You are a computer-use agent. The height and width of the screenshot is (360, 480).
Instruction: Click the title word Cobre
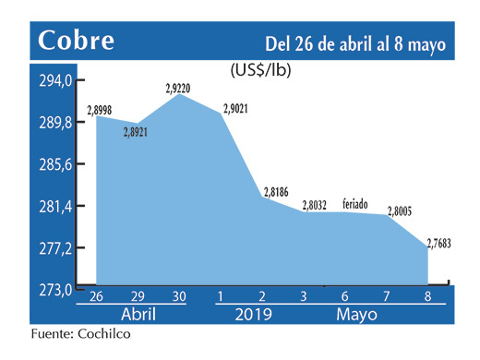[x=78, y=41]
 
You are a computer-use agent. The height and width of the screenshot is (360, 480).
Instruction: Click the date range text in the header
[x=355, y=43]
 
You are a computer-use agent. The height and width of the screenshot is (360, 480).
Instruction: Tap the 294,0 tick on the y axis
[x=54, y=82]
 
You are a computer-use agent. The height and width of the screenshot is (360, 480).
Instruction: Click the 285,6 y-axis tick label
[x=54, y=165]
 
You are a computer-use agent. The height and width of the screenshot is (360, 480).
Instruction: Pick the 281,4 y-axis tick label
[x=54, y=207]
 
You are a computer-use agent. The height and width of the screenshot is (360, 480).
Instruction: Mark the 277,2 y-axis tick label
[x=54, y=248]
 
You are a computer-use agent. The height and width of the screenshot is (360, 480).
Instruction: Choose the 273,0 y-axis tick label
[x=54, y=290]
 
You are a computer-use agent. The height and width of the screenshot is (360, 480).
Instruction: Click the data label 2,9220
[x=179, y=90]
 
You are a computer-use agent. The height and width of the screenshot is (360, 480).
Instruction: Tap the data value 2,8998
[x=102, y=111]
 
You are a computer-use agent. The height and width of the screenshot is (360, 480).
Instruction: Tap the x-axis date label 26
[x=96, y=297]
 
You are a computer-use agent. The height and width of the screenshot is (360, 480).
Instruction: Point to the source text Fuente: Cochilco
[x=79, y=334]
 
